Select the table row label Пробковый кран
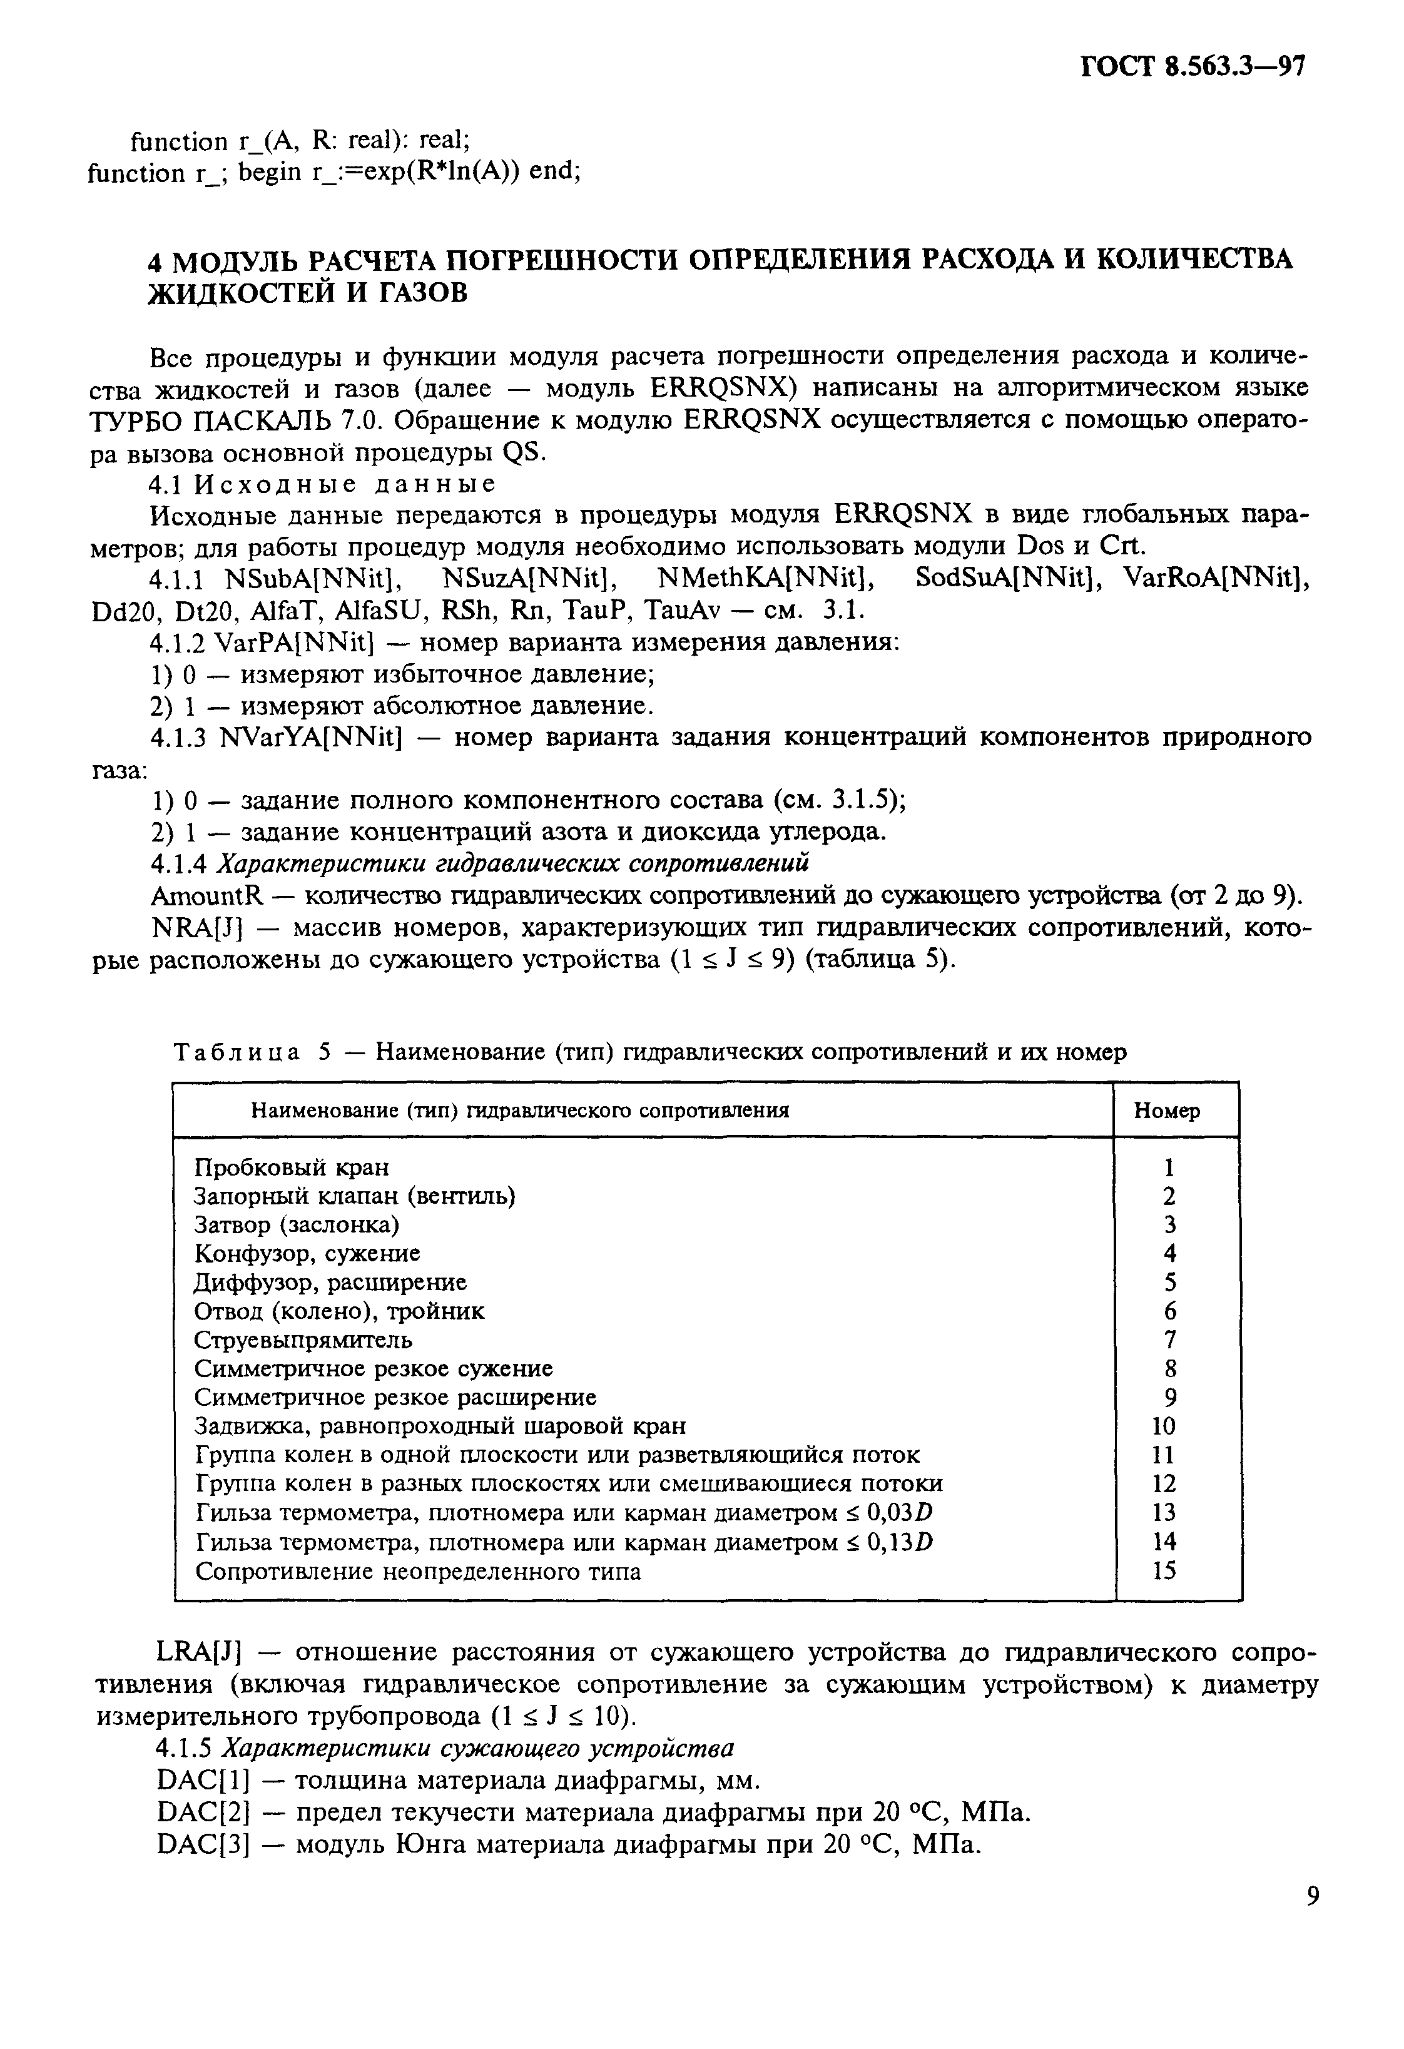pos(291,1167)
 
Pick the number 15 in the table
pos(1164,1571)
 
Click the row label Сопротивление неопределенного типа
pos(417,1571)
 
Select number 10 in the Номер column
pos(1164,1426)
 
